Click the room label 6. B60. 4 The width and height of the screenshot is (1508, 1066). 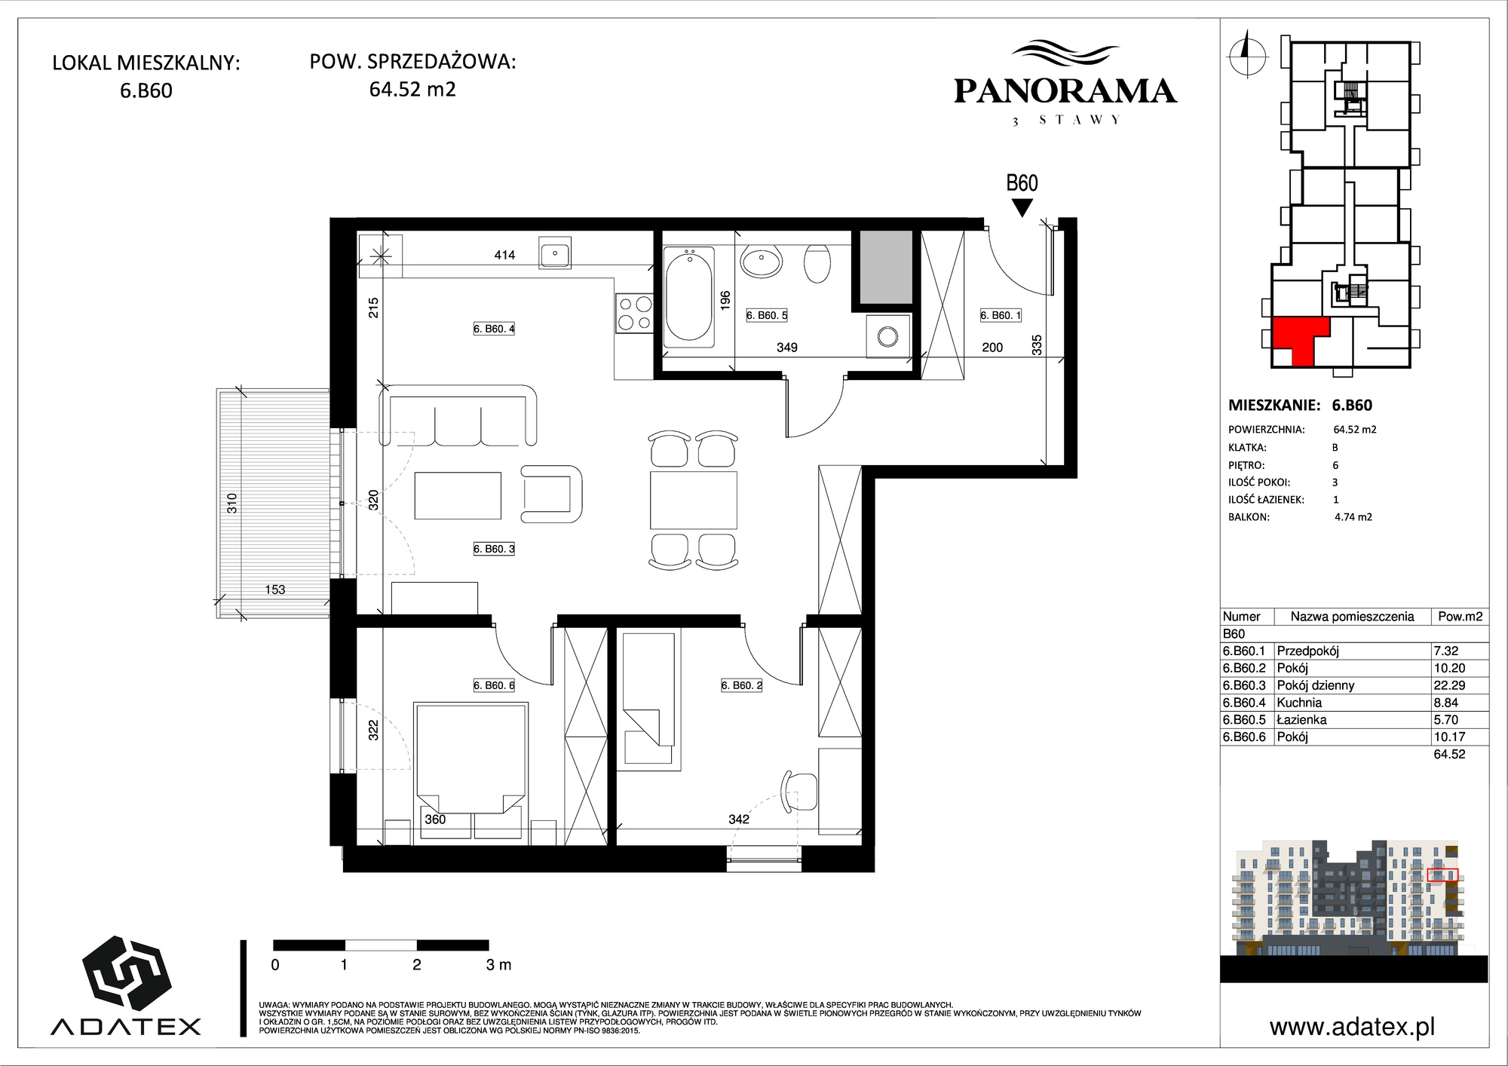(x=494, y=329)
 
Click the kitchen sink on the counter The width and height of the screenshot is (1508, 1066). (x=555, y=253)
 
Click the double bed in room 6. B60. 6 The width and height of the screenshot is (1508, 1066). (x=471, y=758)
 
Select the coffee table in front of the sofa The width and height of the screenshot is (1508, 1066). (x=458, y=495)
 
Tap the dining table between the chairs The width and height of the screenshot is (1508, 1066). (x=694, y=500)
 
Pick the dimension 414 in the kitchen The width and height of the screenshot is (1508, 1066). (x=504, y=256)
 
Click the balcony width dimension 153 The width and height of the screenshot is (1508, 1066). (x=275, y=590)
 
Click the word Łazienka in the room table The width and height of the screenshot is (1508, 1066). (x=1301, y=720)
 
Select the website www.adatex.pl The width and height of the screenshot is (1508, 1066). (x=1352, y=1027)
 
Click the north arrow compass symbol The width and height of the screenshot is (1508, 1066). (x=1246, y=54)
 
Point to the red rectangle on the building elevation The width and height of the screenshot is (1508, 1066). (x=1442, y=875)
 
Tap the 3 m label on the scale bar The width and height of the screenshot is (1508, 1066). (x=499, y=965)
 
